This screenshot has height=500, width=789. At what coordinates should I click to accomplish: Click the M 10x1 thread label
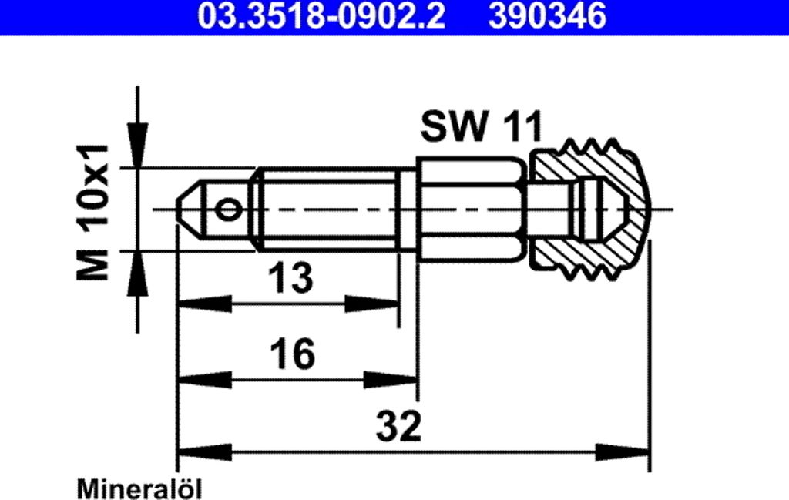point(93,213)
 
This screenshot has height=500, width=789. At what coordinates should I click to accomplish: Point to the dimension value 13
point(290,277)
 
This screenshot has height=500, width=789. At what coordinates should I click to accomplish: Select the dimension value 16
point(292,354)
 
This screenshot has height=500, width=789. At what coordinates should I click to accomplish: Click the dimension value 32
point(398,425)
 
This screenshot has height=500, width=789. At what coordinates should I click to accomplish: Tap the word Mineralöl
point(139,489)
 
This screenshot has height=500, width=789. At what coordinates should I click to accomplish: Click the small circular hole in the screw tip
point(228,210)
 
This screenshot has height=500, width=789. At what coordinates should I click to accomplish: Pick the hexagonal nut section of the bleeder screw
point(472,210)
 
